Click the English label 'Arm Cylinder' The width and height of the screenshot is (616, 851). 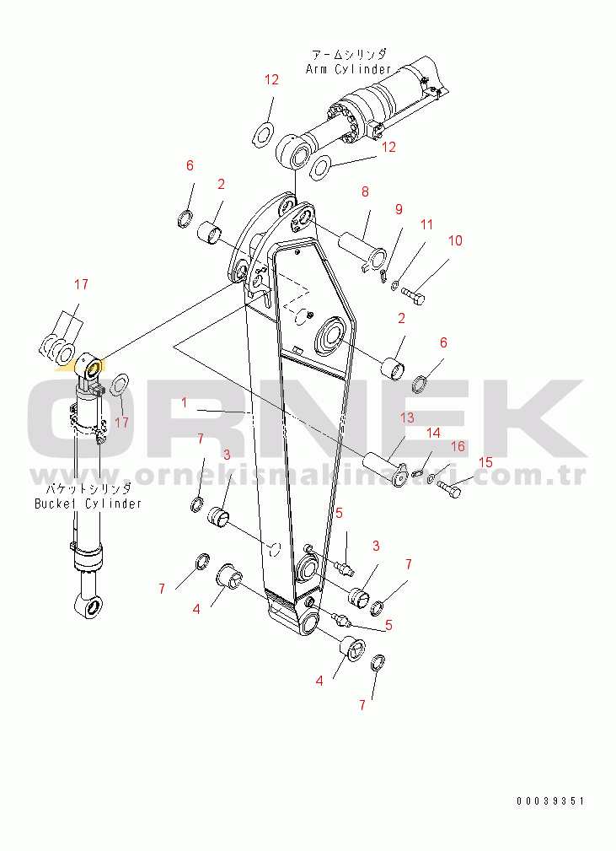348,69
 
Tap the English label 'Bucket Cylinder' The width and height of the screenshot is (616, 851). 88,504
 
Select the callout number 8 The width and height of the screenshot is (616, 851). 365,191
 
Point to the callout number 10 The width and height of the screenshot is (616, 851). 455,240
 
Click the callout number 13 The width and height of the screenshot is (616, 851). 407,417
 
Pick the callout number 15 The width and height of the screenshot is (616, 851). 485,462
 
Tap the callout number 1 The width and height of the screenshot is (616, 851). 185,402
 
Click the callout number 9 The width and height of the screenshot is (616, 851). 399,209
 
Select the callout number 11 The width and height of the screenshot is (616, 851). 426,224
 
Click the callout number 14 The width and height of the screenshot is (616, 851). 433,433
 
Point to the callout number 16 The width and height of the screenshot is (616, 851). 458,446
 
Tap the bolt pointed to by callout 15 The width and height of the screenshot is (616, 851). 448,488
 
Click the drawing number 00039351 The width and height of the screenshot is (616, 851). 551,800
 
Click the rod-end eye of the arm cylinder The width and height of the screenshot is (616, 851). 295,152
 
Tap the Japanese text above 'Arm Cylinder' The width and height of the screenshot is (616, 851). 349,54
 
